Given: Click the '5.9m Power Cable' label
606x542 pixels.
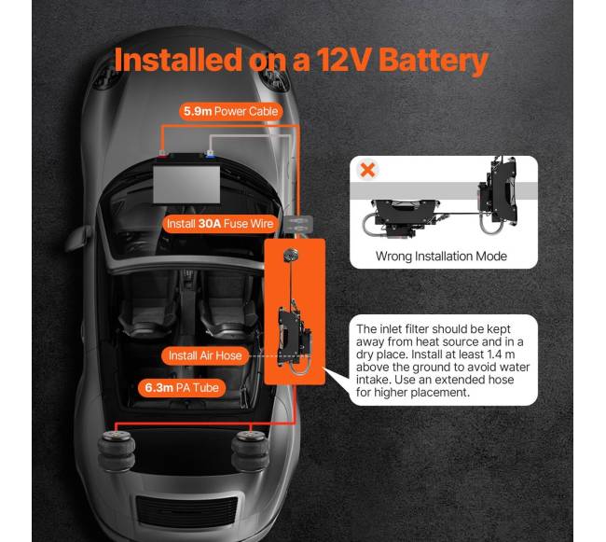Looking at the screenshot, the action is click(230, 112).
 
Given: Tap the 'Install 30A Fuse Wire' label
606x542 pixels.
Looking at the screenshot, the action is click(220, 224).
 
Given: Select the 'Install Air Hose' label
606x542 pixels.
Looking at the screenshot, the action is click(205, 355).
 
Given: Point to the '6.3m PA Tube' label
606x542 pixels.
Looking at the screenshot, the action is click(182, 388).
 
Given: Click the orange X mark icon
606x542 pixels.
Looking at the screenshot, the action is click(367, 170).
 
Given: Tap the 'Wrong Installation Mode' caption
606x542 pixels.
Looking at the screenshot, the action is click(441, 256).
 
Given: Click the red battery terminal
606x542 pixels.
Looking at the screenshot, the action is click(163, 154).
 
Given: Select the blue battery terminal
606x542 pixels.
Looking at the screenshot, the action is click(210, 154).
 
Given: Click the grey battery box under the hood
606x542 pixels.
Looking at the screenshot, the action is click(186, 185).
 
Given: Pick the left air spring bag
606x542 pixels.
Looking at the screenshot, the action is click(117, 452).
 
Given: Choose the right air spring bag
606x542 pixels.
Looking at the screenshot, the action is click(250, 452).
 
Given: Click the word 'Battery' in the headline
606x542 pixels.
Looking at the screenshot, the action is click(434, 61).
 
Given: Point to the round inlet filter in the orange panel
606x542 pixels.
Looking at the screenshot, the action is click(291, 255).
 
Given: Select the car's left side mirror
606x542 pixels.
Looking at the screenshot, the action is click(78, 238).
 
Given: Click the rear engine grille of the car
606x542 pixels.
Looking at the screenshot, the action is click(186, 511).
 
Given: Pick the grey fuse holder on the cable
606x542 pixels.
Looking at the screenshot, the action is click(298, 225).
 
